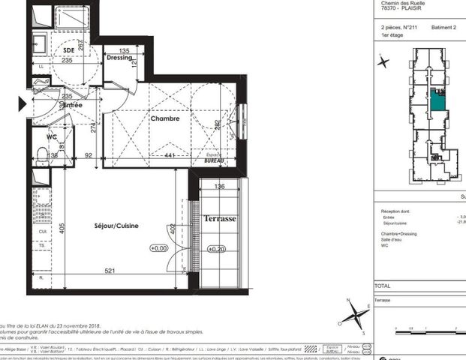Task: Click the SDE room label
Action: pyautogui.click(x=70, y=52)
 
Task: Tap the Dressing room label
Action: pyautogui.click(x=119, y=58)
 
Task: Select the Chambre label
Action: pyautogui.click(x=165, y=118)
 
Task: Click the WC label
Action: pyautogui.click(x=52, y=137)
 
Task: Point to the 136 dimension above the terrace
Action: pyautogui.click(x=219, y=187)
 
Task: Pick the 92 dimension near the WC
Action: pyautogui.click(x=88, y=156)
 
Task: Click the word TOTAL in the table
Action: pyautogui.click(x=383, y=286)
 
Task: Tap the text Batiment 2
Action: pyautogui.click(x=445, y=27)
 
